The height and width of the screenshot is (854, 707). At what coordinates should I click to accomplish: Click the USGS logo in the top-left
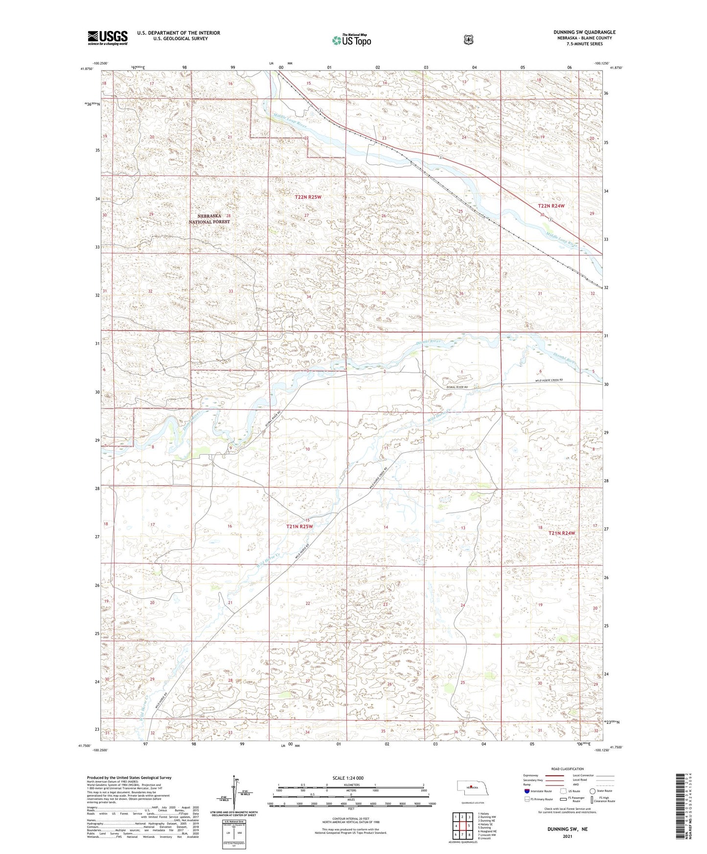(108, 38)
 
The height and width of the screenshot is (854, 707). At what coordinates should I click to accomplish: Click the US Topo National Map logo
(351, 40)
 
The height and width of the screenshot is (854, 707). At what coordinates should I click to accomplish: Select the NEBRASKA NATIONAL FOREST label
(209, 219)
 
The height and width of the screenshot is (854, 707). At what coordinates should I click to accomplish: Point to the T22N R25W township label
(308, 197)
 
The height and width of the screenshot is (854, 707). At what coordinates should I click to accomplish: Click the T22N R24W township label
(551, 206)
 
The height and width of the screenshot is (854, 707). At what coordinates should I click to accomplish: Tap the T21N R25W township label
(299, 526)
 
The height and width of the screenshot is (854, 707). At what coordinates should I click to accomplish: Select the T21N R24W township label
(562, 533)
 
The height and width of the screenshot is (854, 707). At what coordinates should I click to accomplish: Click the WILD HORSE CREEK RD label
(549, 380)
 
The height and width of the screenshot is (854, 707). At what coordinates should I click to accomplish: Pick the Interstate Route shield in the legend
(526, 791)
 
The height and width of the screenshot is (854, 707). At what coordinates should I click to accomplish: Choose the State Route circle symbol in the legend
(593, 791)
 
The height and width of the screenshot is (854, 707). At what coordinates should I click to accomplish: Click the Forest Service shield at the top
(469, 40)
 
